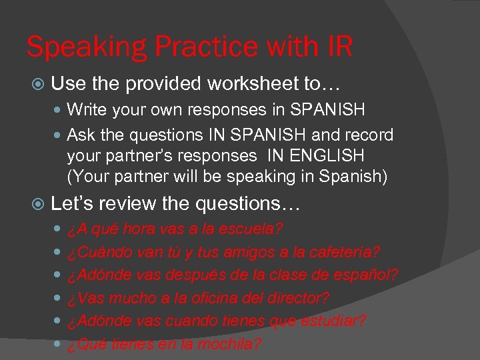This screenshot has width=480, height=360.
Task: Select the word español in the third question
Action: click(369, 275)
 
